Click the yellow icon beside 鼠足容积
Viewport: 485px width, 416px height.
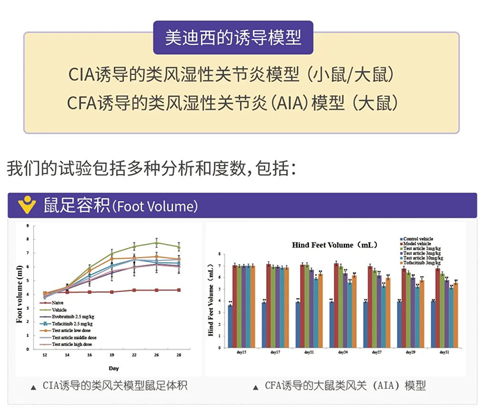coord(27,206)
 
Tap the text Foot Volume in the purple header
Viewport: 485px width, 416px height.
coord(156,207)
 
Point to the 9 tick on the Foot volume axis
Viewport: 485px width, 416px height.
coord(27,226)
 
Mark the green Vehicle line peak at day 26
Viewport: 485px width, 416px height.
coord(157,243)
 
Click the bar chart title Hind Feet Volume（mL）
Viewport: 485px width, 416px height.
coord(334,245)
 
